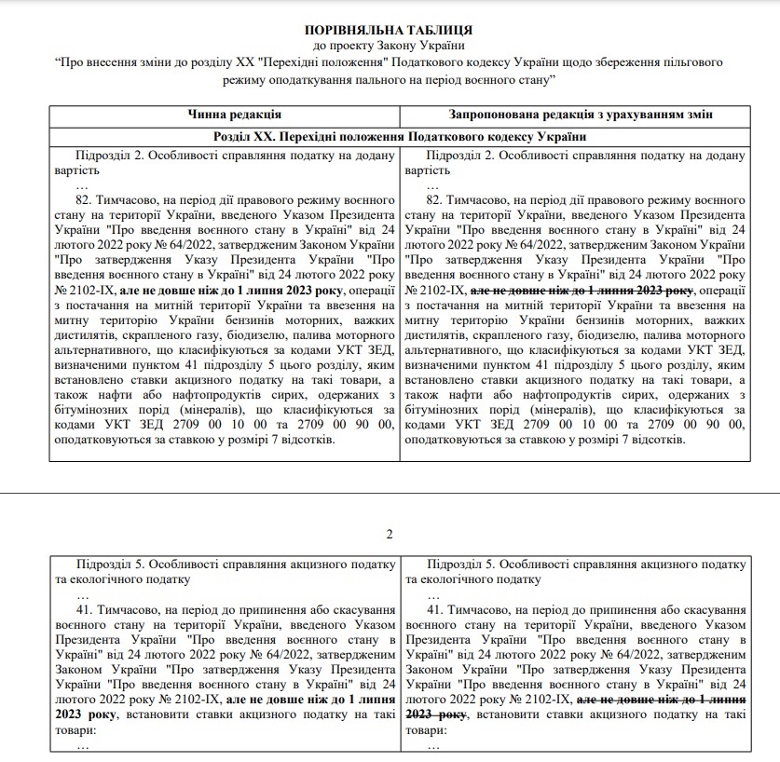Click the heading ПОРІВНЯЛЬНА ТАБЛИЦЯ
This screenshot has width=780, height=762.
pos(390,31)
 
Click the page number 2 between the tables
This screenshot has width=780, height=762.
pos(390,534)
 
